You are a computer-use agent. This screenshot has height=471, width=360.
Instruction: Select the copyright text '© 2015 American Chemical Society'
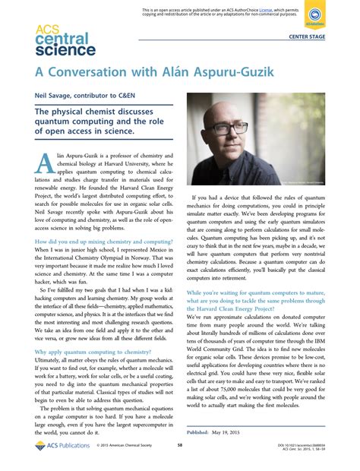point(122,446)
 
